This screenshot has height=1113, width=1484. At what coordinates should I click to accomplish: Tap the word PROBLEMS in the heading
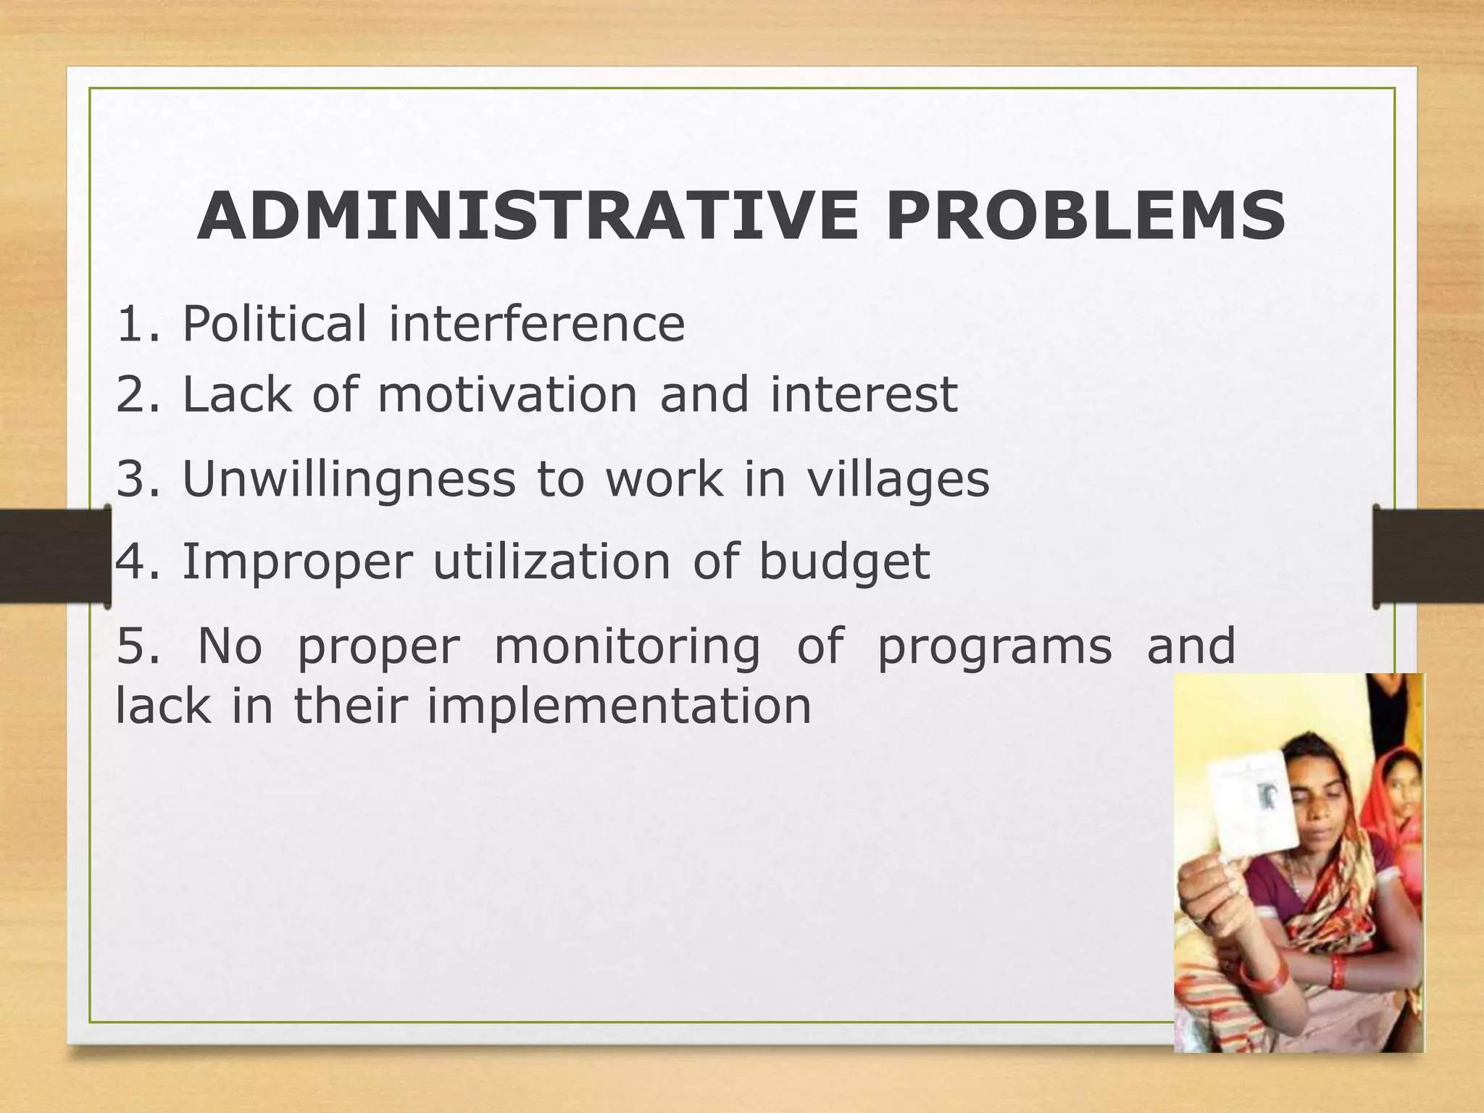pyautogui.click(x=1085, y=217)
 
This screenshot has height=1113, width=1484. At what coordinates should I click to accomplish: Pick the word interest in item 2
pyautogui.click(x=864, y=395)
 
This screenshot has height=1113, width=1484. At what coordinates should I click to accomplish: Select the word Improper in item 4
pyautogui.click(x=297, y=562)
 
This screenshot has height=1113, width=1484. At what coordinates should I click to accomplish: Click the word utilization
pyautogui.click(x=552, y=562)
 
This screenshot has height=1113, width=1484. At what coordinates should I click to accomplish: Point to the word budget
pyautogui.click(x=844, y=562)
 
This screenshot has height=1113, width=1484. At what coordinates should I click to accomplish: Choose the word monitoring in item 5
pyautogui.click(x=628, y=646)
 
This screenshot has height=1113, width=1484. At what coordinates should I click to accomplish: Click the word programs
pyautogui.click(x=994, y=646)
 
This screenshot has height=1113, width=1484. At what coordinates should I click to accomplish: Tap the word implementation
pyautogui.click(x=619, y=706)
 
